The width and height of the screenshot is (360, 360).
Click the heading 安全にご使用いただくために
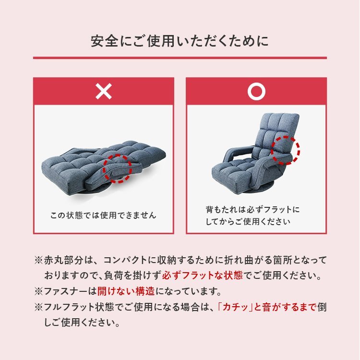[x=180, y=41]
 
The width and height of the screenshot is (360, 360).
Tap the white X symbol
[x=103, y=91]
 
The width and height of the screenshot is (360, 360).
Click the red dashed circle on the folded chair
[x=118, y=168]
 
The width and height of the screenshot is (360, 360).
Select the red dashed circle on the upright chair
[x=285, y=150]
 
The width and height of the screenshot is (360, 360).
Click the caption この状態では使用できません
[x=103, y=215]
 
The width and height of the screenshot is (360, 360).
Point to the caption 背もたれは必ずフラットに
[x=252, y=210]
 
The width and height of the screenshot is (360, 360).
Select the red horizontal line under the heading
[x=180, y=58]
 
